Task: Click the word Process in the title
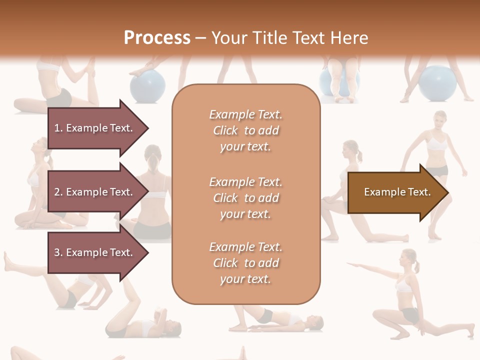[157, 38]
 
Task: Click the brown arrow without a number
[397, 192]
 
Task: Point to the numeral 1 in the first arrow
[57, 128]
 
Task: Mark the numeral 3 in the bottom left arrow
[57, 252]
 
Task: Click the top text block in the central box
[245, 130]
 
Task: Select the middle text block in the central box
[245, 198]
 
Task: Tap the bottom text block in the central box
[245, 263]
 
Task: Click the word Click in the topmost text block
[225, 131]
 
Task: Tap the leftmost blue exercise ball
[147, 85]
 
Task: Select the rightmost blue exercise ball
[438, 83]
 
